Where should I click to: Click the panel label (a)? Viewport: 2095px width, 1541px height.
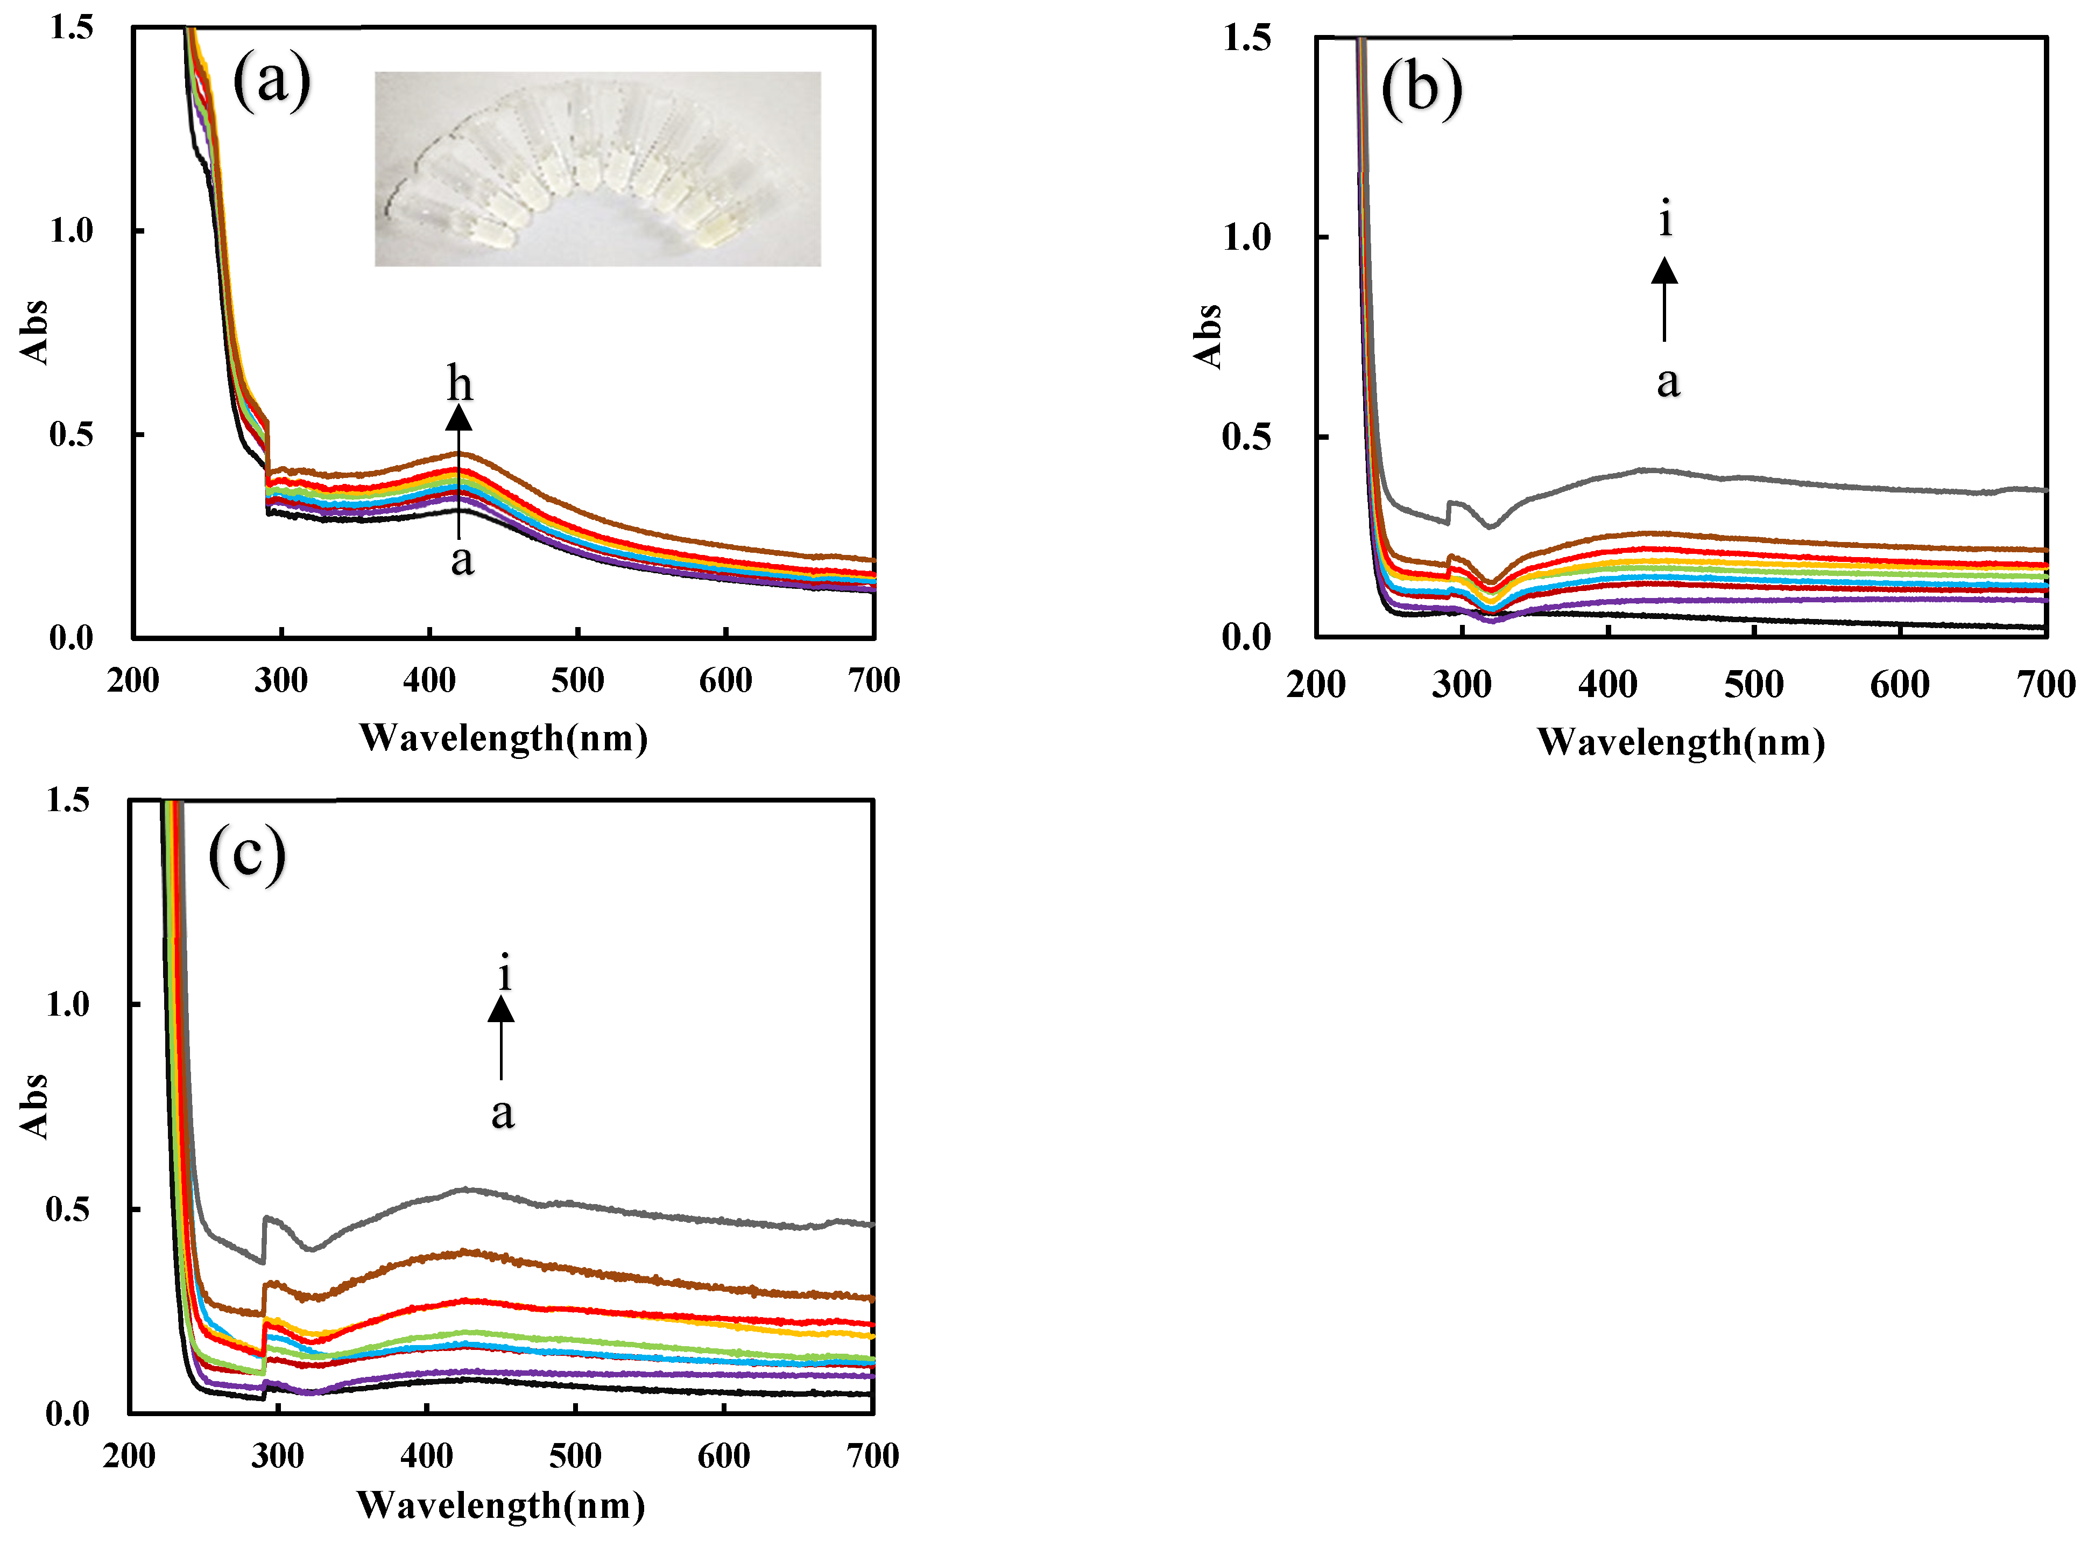[x=271, y=81]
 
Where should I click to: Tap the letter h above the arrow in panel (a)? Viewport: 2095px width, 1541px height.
[x=460, y=383]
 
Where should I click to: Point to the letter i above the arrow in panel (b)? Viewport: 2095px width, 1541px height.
[x=1665, y=219]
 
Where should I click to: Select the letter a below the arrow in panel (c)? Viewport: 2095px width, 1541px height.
[x=503, y=1112]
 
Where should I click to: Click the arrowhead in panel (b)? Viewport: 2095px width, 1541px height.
[x=1664, y=271]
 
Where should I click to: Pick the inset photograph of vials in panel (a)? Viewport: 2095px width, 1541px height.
[x=598, y=169]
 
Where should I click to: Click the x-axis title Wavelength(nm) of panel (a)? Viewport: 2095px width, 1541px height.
[x=504, y=738]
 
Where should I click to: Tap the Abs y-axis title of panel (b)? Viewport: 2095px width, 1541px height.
[x=1208, y=336]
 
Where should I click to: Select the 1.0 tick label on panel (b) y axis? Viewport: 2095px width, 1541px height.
[x=1246, y=237]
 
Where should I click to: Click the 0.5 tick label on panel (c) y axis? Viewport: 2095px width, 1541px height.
[x=68, y=1209]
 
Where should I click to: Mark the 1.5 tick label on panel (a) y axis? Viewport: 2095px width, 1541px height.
[x=71, y=28]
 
